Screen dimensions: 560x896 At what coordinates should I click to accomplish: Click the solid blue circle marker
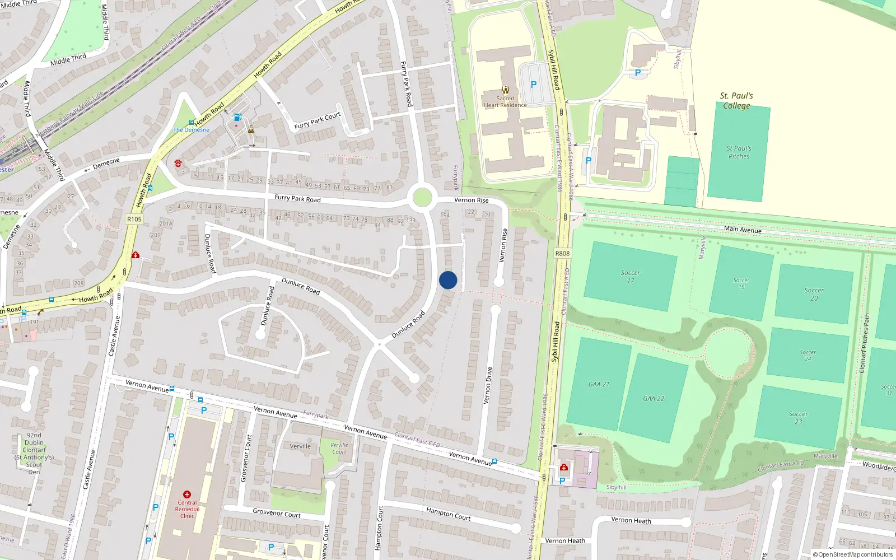tap(448, 280)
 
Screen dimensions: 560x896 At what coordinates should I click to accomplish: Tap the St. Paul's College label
tap(736, 101)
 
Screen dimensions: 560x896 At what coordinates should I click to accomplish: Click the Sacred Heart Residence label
tap(505, 101)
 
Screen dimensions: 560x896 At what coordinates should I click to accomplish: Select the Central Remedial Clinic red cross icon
tap(187, 494)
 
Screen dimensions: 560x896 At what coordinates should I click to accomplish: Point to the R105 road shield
tap(134, 219)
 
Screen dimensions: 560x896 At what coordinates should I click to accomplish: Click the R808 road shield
tap(562, 254)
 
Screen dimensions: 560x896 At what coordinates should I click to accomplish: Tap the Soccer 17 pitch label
tap(631, 277)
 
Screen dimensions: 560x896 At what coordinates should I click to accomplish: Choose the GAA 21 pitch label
tap(599, 384)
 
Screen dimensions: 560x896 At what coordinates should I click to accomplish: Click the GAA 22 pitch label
tap(654, 399)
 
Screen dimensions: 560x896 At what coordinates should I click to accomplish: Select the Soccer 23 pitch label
tap(799, 418)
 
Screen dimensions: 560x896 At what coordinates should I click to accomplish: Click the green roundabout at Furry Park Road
tap(422, 198)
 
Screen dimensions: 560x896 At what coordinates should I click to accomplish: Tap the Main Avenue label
tap(743, 229)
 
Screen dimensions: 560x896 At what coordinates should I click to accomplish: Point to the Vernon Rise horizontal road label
tap(471, 200)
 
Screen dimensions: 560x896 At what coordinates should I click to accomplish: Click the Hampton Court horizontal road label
tap(448, 514)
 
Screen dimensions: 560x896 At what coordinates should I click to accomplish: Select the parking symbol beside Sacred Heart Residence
tap(534, 85)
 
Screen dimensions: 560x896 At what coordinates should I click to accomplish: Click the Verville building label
tap(300, 446)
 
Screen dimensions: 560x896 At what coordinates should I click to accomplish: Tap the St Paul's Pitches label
tap(739, 152)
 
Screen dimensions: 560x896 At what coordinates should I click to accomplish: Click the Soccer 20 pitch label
tap(814, 294)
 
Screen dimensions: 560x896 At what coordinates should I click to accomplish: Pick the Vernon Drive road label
tap(488, 385)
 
